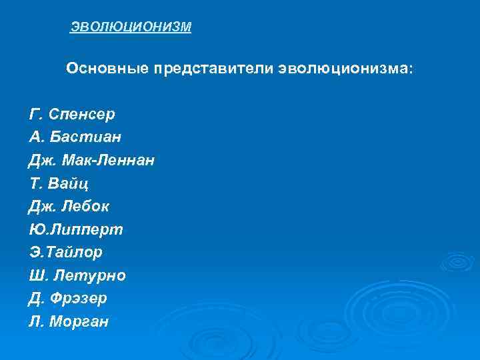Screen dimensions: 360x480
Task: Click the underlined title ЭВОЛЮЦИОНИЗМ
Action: click(x=131, y=27)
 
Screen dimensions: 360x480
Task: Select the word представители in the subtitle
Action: click(x=213, y=69)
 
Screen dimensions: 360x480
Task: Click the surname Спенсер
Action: click(x=83, y=115)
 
